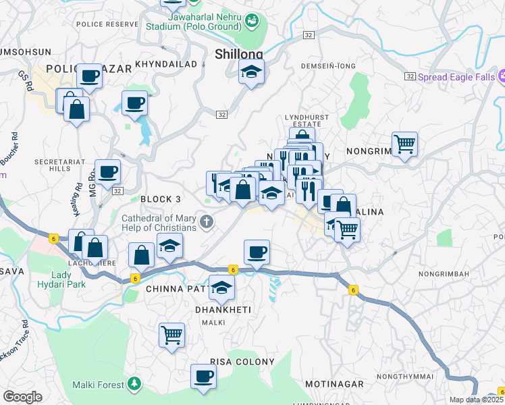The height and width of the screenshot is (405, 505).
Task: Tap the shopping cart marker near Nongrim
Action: pos(404,143)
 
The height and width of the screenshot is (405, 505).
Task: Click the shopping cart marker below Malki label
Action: pos(171,334)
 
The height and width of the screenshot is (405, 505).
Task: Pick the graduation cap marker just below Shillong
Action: pos(251,72)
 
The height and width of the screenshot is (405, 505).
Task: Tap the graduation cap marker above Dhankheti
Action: pos(221,288)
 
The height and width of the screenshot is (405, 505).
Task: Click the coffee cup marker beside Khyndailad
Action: pos(134,103)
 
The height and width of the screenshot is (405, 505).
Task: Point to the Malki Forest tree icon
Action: pos(134,384)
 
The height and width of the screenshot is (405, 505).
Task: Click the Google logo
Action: pos(22,397)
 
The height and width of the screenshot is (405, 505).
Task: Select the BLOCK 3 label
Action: pos(161,199)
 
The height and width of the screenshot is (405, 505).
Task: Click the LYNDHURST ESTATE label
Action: pos(307,121)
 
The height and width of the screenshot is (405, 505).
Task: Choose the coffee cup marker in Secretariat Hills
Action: pos(107,172)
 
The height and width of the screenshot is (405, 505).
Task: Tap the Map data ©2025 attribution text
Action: pos(476,400)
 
